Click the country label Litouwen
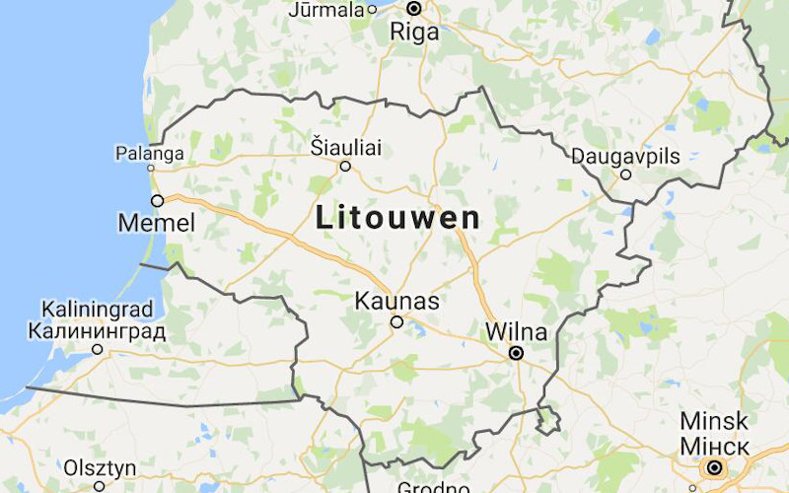pos(398,218)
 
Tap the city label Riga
pos(414,32)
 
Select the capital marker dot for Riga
pos(414,9)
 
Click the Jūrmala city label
pos(326,10)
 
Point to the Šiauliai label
pos(345,148)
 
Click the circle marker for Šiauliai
pos(345,167)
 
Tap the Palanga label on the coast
pos(150,154)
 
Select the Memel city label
pos(156,224)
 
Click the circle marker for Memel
pos(157,200)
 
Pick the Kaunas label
pos(397,300)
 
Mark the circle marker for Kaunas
pos(396,321)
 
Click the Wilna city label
pos(516,331)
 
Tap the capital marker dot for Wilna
pos(515,352)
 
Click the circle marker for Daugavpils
pos(625,175)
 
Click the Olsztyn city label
pos(99,466)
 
